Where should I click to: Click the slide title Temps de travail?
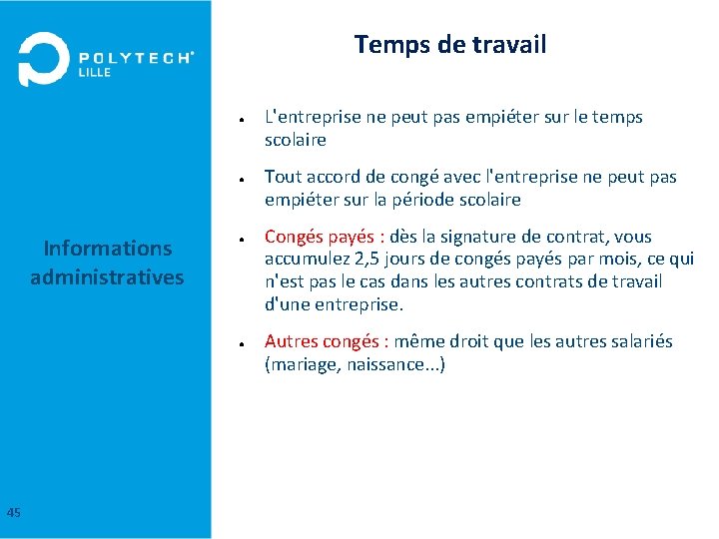(x=449, y=45)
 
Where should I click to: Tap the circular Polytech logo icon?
(x=43, y=60)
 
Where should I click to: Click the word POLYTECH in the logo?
(x=135, y=58)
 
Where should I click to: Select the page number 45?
(x=13, y=513)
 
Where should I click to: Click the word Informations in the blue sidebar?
(x=107, y=249)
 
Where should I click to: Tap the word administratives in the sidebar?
(x=107, y=276)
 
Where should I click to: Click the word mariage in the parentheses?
(x=304, y=364)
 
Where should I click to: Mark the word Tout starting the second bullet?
(x=283, y=177)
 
